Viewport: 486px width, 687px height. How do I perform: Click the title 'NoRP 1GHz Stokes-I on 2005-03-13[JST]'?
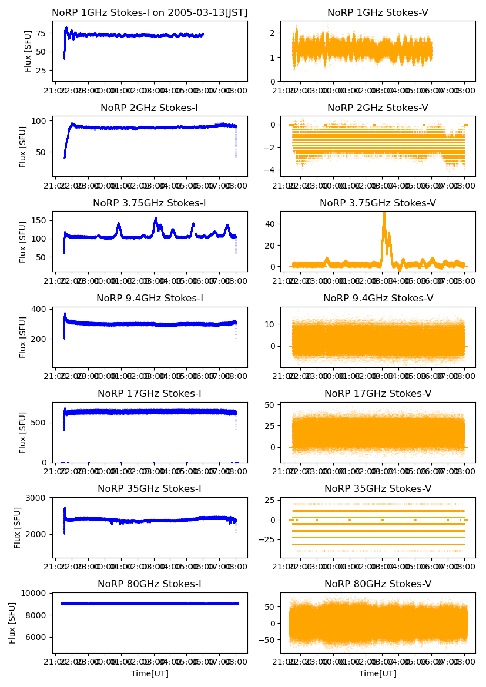point(150,12)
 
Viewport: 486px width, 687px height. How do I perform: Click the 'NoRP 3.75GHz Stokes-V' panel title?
point(378,203)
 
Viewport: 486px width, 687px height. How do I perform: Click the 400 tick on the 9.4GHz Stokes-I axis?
point(41,310)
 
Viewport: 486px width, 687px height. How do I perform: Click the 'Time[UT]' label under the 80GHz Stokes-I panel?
point(150,673)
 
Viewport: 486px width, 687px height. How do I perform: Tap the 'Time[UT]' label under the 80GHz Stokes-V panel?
point(378,673)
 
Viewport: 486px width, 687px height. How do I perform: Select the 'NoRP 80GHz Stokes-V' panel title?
point(378,584)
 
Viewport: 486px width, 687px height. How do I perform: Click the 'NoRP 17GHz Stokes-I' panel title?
point(150,394)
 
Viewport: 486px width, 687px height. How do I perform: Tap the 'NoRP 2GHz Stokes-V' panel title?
point(378,108)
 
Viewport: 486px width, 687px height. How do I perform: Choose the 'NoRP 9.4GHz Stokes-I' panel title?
point(150,299)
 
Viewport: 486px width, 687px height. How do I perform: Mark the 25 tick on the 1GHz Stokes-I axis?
point(43,71)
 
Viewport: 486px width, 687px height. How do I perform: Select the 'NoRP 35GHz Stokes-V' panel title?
point(378,489)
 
